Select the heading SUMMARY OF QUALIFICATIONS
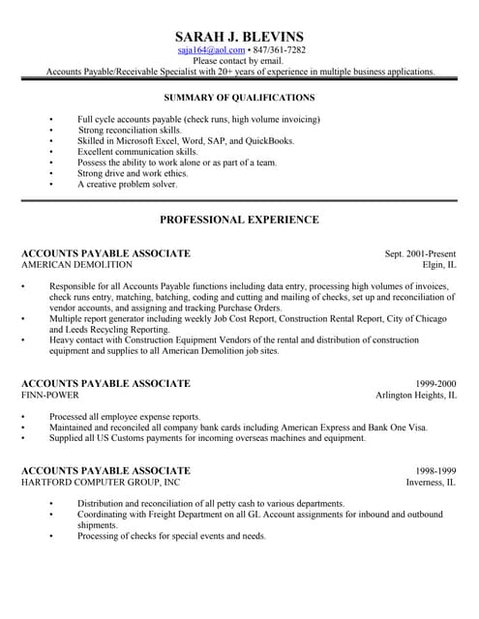pyautogui.click(x=239, y=98)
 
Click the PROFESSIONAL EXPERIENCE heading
pyautogui.click(x=239, y=220)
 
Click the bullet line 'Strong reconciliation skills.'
pyautogui.click(x=129, y=130)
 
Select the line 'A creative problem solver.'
pyautogui.click(x=127, y=184)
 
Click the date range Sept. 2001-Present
pyautogui.click(x=420, y=253)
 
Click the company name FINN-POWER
pyautogui.click(x=50, y=396)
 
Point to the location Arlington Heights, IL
pyautogui.click(x=416, y=396)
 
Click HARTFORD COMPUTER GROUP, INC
pyautogui.click(x=101, y=482)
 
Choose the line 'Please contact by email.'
pyautogui.click(x=239, y=60)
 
